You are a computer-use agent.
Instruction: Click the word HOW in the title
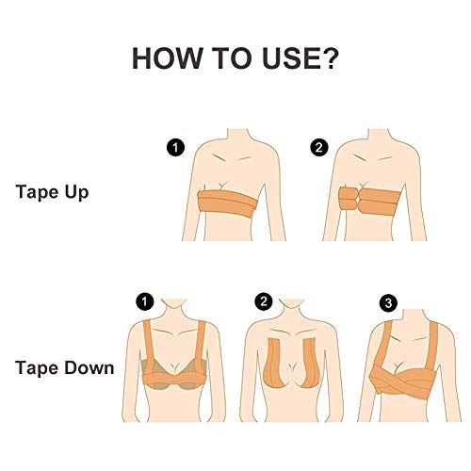(167, 58)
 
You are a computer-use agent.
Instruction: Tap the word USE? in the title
(300, 58)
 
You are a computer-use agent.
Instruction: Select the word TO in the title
(232, 58)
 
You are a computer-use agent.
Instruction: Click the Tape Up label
(52, 192)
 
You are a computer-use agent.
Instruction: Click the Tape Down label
(65, 367)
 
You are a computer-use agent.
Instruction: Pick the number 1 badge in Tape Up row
(175, 148)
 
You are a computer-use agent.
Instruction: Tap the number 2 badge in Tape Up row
(319, 148)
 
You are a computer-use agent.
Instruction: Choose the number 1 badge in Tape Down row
(145, 301)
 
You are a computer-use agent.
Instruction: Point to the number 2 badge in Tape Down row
(264, 301)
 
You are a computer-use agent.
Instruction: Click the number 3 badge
(388, 303)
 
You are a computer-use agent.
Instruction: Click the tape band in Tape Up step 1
(228, 203)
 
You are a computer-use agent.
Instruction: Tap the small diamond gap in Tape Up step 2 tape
(359, 200)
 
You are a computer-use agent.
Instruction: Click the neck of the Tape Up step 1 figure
(238, 136)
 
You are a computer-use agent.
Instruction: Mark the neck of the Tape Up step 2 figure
(379, 136)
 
